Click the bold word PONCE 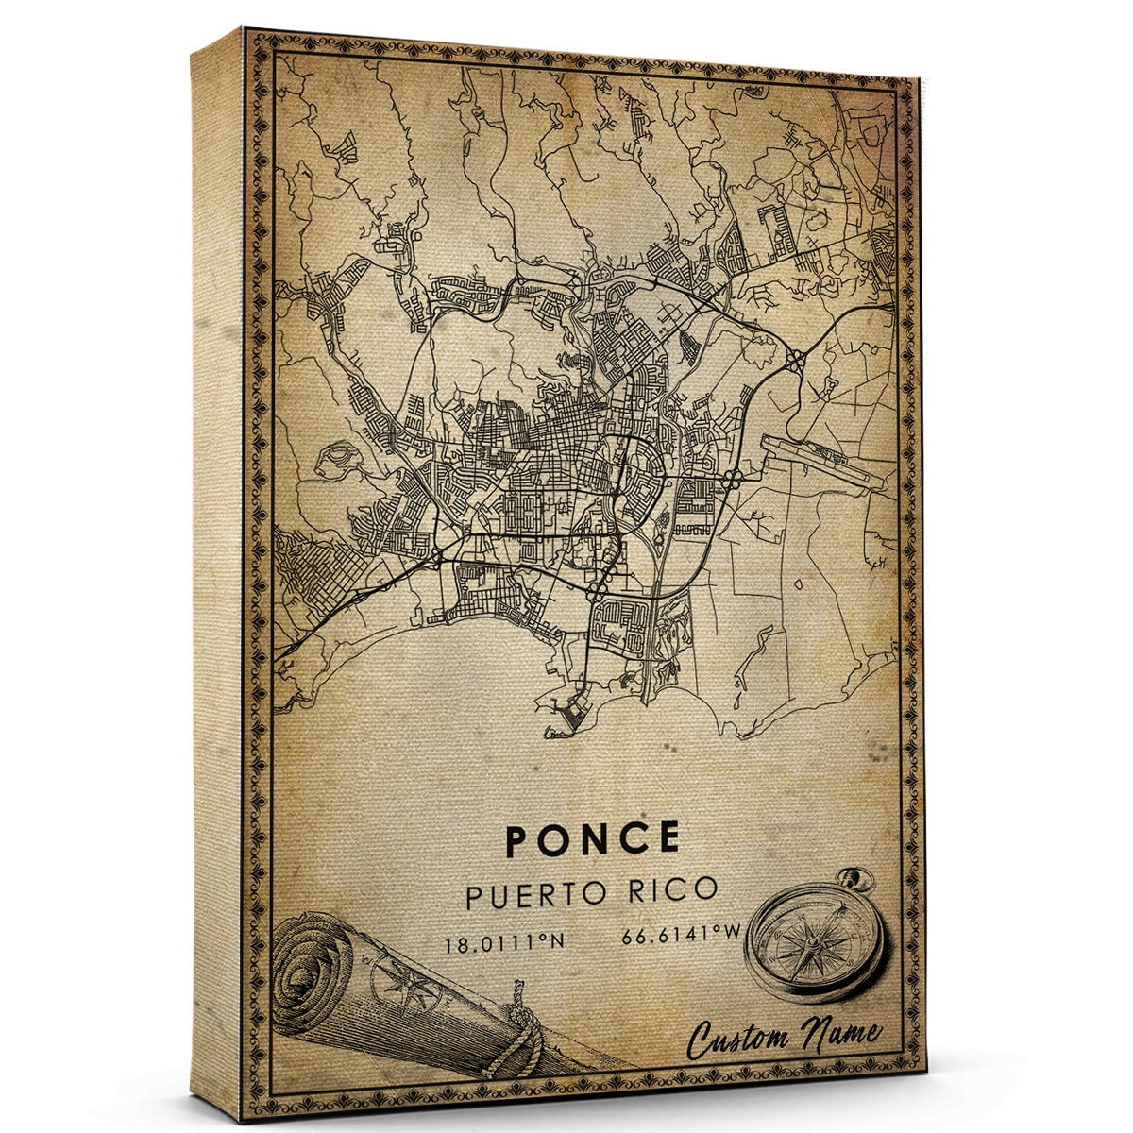[592, 839]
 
